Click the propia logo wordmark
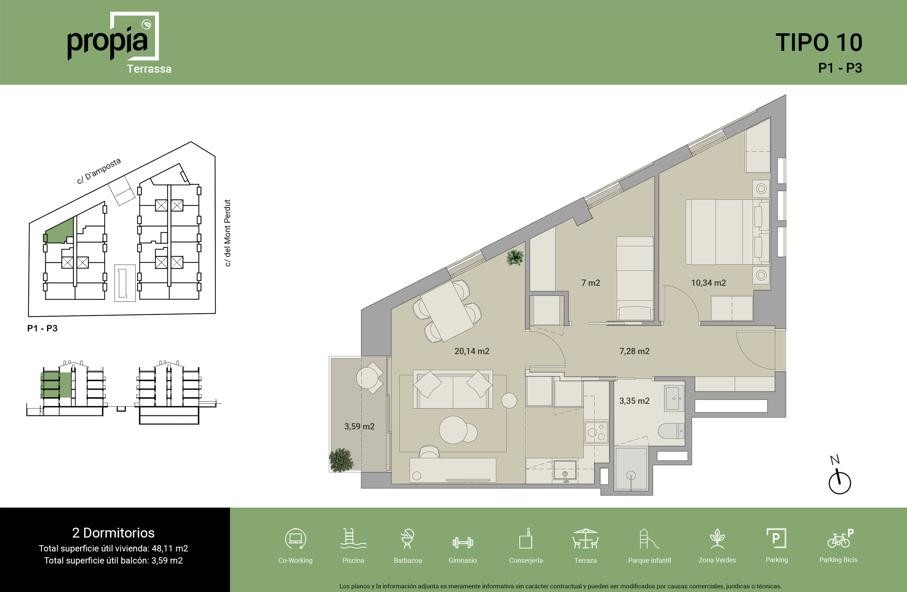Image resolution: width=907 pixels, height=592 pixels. pos(108,43)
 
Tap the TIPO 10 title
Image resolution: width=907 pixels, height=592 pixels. pos(819,42)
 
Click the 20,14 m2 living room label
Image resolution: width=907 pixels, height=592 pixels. pos(472,351)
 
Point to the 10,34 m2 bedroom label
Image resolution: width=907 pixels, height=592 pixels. pos(708,283)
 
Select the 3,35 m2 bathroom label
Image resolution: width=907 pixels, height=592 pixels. pos(634,401)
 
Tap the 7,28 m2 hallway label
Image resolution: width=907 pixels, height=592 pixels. pos(634,351)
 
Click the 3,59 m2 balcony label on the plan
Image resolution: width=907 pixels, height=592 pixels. pos(360,426)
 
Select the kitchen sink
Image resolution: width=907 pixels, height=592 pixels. pos(565,471)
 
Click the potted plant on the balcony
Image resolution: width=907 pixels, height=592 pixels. pos(341,460)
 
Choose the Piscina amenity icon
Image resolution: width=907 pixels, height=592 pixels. pos(353,538)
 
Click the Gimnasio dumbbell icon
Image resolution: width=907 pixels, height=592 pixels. pos(463,542)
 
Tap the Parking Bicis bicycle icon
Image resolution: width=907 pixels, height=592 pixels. pos(840,538)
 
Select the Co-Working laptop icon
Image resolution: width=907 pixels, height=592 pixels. pos(296,539)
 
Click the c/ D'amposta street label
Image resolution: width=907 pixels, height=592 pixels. pos(99,171)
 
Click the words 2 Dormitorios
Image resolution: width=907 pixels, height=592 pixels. pos(113,532)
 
